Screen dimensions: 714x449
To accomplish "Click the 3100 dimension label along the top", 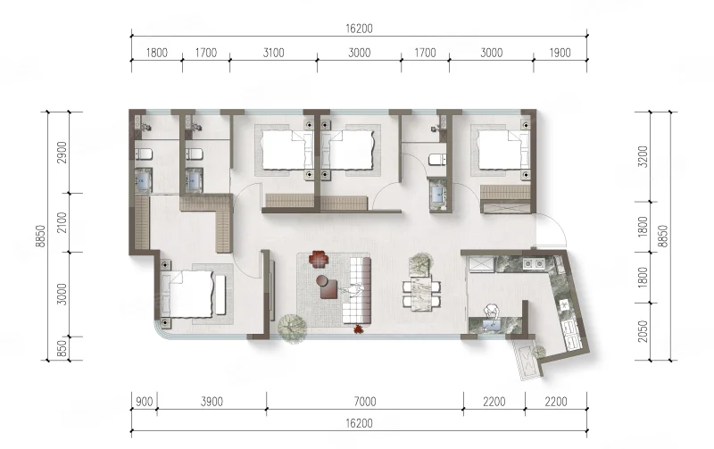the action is (274, 53).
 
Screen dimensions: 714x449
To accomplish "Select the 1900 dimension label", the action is (560, 53).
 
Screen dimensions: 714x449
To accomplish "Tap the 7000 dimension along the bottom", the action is (365, 402).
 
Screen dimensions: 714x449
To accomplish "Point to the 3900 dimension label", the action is (212, 402).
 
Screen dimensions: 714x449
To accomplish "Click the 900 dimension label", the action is (145, 402).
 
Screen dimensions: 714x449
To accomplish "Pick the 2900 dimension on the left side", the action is (62, 153).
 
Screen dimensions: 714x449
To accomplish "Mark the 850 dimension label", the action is (62, 349).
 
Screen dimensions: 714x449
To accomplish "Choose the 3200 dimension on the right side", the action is (643, 156).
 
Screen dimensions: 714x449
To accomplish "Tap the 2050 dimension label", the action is (643, 331).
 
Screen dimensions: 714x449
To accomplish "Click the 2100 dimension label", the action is (62, 222).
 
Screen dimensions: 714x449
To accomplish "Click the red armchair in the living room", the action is (319, 259).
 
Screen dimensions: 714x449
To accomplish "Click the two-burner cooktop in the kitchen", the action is (534, 263).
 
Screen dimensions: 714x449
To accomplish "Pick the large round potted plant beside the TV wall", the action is (292, 327).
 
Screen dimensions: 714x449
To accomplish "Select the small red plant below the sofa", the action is (359, 328).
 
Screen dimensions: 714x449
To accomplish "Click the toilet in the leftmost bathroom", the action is (143, 154).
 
